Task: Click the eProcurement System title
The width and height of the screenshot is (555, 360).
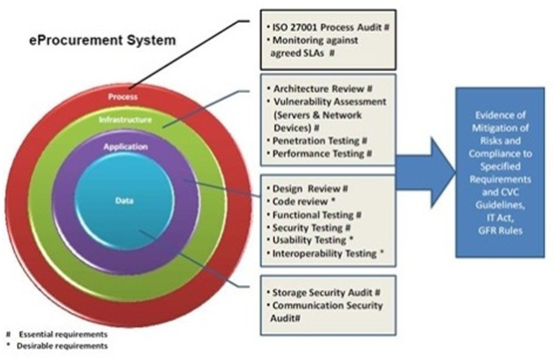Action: click(103, 40)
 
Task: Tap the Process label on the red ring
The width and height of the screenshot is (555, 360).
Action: click(123, 97)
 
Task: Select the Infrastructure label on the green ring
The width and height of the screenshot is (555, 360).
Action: click(126, 120)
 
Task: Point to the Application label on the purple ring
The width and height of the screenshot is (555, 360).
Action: click(126, 147)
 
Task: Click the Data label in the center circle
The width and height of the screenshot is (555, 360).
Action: click(125, 200)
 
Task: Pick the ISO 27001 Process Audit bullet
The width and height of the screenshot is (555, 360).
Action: click(328, 27)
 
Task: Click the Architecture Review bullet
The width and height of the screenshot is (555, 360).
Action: click(320, 89)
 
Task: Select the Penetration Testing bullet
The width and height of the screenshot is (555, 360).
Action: click(317, 141)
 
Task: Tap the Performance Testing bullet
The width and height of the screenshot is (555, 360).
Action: click(320, 154)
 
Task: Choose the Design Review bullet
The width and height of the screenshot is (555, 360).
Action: click(308, 188)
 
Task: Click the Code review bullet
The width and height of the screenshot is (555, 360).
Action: click(301, 201)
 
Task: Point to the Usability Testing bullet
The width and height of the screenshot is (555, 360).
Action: click(311, 240)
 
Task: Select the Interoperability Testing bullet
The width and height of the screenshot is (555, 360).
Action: click(326, 253)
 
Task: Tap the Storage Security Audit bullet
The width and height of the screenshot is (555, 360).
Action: click(324, 292)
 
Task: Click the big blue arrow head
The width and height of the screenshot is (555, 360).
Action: click(442, 173)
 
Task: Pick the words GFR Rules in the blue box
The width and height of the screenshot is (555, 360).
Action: click(500, 230)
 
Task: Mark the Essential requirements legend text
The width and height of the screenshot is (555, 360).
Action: click(63, 334)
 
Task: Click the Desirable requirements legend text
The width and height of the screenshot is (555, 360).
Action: click(62, 346)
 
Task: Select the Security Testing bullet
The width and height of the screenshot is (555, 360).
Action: click(309, 227)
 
